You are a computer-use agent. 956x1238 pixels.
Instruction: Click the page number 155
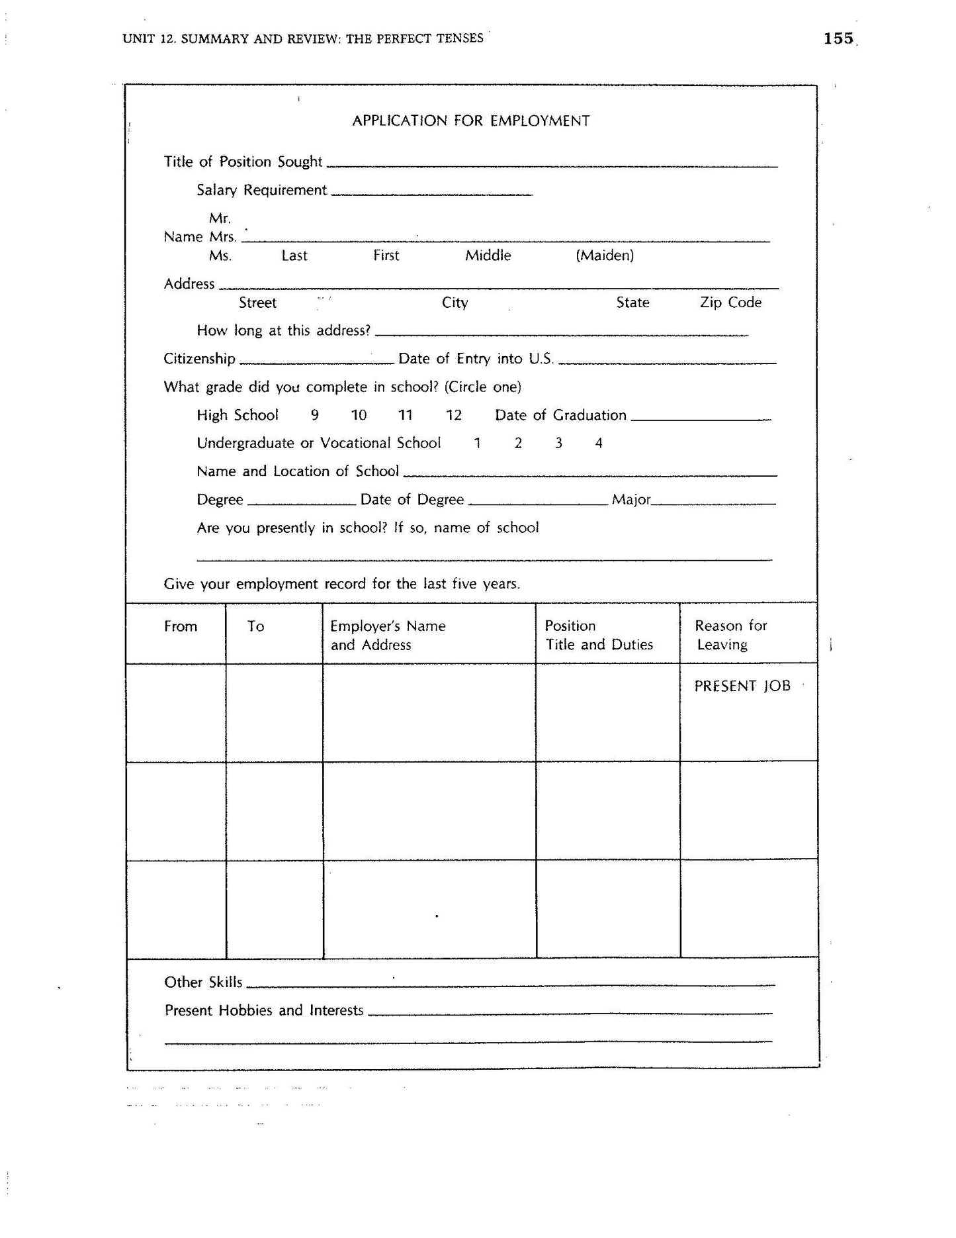pos(838,38)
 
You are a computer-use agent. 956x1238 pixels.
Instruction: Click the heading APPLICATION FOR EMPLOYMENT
pos(470,120)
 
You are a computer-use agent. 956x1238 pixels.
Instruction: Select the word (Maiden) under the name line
pos(605,256)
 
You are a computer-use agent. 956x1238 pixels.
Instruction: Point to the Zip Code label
pos(730,303)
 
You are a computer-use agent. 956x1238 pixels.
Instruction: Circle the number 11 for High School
pos(405,415)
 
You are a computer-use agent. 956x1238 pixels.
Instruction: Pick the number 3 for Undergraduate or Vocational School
pos(558,443)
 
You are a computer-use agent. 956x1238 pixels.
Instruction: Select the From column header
pos(181,626)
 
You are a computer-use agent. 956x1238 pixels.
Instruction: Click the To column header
pos(255,626)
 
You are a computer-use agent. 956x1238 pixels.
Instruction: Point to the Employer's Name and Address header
pos(388,636)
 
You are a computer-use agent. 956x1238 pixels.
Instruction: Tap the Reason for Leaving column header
pos(730,635)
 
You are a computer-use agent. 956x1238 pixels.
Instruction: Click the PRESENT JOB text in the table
pos(742,686)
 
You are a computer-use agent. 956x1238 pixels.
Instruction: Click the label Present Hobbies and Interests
pos(264,1010)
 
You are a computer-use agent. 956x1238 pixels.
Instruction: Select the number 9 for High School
pos(315,415)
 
